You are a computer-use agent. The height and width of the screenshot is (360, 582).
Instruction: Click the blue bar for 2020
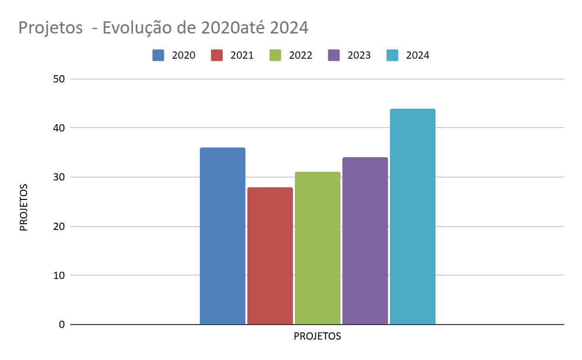point(223,236)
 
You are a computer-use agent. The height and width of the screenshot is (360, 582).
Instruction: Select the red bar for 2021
point(270,256)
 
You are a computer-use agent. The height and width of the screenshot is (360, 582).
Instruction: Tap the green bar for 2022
point(318,248)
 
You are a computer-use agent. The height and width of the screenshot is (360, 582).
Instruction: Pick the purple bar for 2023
point(365,241)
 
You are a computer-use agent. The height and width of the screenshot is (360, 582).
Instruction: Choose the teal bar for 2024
point(413,216)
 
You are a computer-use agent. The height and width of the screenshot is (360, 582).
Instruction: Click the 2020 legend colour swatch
point(159,55)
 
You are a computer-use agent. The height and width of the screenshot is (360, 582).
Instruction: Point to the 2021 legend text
point(242,55)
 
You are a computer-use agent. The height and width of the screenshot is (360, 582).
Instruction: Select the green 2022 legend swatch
point(275,55)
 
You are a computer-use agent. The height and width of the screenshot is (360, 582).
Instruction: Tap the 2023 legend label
point(359,55)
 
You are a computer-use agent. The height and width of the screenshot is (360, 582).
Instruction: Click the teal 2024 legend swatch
point(392,55)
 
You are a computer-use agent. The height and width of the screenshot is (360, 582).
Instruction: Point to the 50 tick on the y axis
point(59,79)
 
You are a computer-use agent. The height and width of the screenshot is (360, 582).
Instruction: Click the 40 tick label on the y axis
point(59,128)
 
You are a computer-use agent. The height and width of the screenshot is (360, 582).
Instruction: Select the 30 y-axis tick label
point(59,177)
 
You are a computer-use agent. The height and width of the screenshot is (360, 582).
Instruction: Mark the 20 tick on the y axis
point(59,226)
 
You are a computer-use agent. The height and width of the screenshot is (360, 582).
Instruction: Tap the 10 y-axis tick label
point(59,275)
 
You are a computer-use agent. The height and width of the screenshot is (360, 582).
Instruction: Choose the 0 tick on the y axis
point(62,325)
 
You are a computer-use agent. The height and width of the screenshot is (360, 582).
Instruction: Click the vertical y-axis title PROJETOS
point(24,207)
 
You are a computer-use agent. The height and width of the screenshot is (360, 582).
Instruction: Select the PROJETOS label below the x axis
point(318,336)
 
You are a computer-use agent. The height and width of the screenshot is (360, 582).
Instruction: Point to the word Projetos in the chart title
point(50,28)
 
